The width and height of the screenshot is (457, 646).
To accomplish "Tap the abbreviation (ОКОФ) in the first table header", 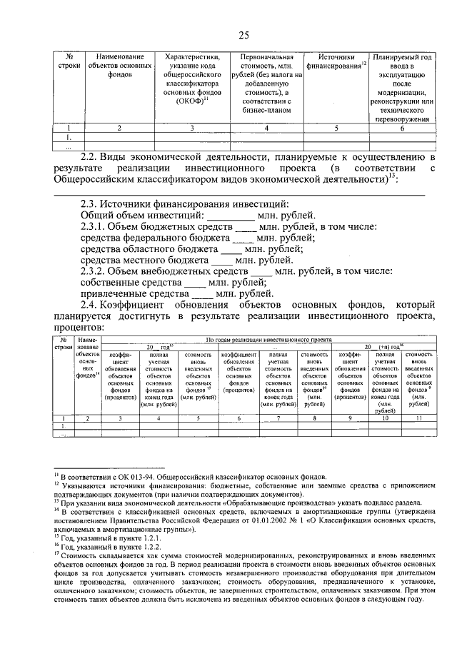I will point(191,101).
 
